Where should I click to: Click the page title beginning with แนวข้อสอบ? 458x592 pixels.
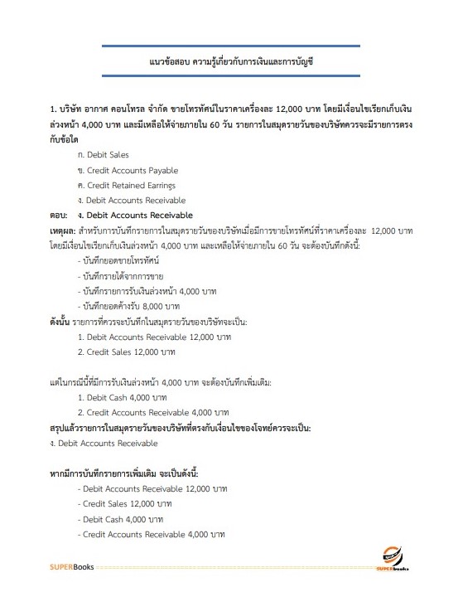(x=229, y=62)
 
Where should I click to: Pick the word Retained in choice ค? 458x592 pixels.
(x=133, y=185)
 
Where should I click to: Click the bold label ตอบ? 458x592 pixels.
(x=60, y=216)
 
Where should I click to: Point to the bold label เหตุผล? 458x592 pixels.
(x=63, y=231)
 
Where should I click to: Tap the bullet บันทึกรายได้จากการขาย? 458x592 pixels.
(x=121, y=277)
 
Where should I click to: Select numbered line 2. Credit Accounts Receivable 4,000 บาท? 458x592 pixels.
(x=152, y=412)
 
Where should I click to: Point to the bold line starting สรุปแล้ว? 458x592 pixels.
(x=180, y=428)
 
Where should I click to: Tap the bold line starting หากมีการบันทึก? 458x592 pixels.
(x=124, y=473)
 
